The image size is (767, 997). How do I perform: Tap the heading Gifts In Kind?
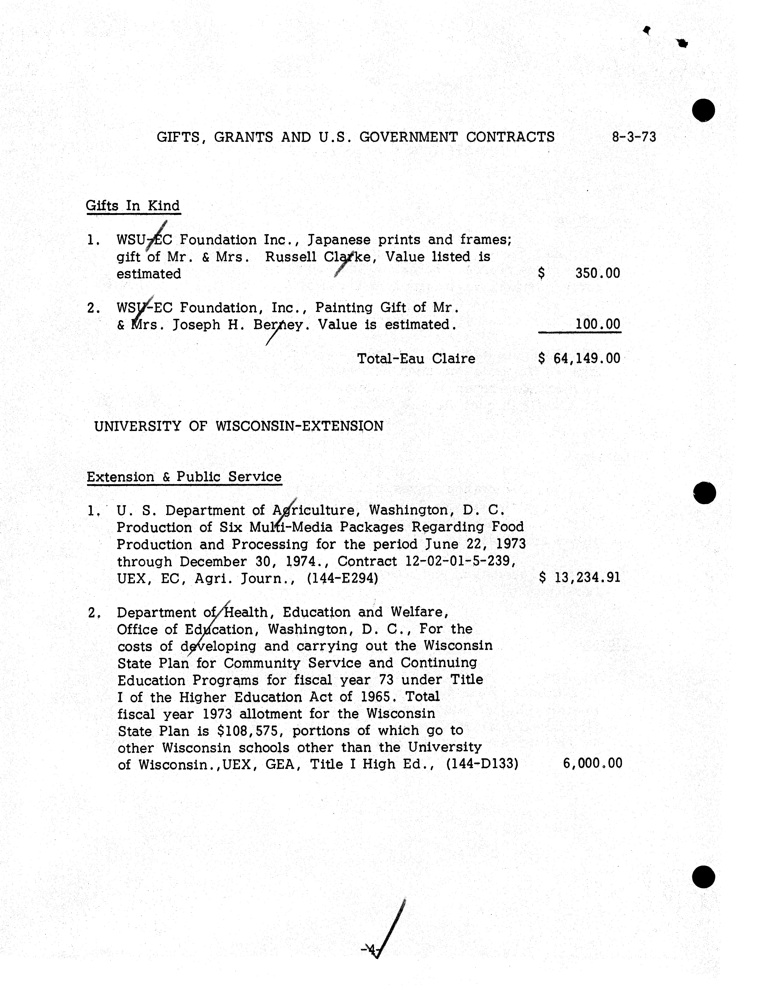coord(133,206)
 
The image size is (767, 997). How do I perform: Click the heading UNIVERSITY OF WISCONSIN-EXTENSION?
coord(238,426)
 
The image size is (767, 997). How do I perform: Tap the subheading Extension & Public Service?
coord(184,477)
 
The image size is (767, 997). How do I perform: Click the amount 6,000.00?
coord(592,763)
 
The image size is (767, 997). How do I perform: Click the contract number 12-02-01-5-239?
coord(460,561)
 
